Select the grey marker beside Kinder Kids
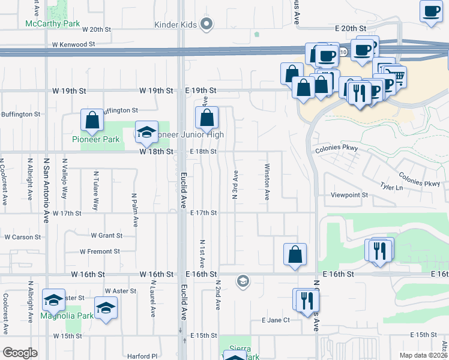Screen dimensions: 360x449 click(207, 24)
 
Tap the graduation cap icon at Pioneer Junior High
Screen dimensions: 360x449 click(146, 133)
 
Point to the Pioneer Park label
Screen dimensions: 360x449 click(92, 140)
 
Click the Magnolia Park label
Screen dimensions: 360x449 click(67, 316)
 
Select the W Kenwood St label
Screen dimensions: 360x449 click(74, 44)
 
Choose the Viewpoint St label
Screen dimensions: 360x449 click(349, 196)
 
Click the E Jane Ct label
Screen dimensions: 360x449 click(276, 320)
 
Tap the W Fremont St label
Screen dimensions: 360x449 click(100, 251)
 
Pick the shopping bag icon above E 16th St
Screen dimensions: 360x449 click(295, 254)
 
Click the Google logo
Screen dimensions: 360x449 click(20, 353)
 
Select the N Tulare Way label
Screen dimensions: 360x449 click(95, 191)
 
